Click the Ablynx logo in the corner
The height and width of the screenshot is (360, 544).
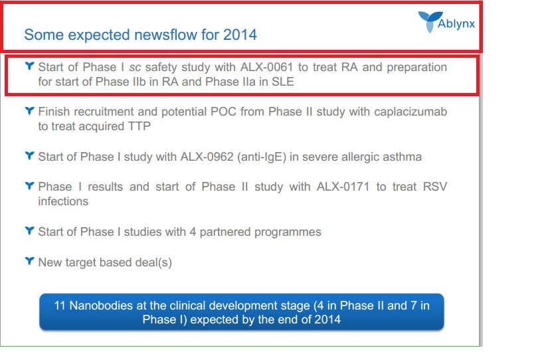[x=446, y=22]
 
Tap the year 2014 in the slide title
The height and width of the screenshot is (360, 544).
[x=240, y=35]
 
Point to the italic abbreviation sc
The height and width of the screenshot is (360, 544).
[x=135, y=67]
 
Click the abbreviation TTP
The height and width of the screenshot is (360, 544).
[x=139, y=126]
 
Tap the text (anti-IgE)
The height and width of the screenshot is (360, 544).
[x=262, y=157]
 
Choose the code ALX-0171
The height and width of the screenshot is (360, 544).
[x=343, y=187]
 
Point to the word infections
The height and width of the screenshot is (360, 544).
[x=63, y=201]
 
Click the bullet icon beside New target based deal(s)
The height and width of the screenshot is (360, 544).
[x=30, y=261]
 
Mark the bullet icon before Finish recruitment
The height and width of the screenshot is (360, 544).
[x=30, y=111]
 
